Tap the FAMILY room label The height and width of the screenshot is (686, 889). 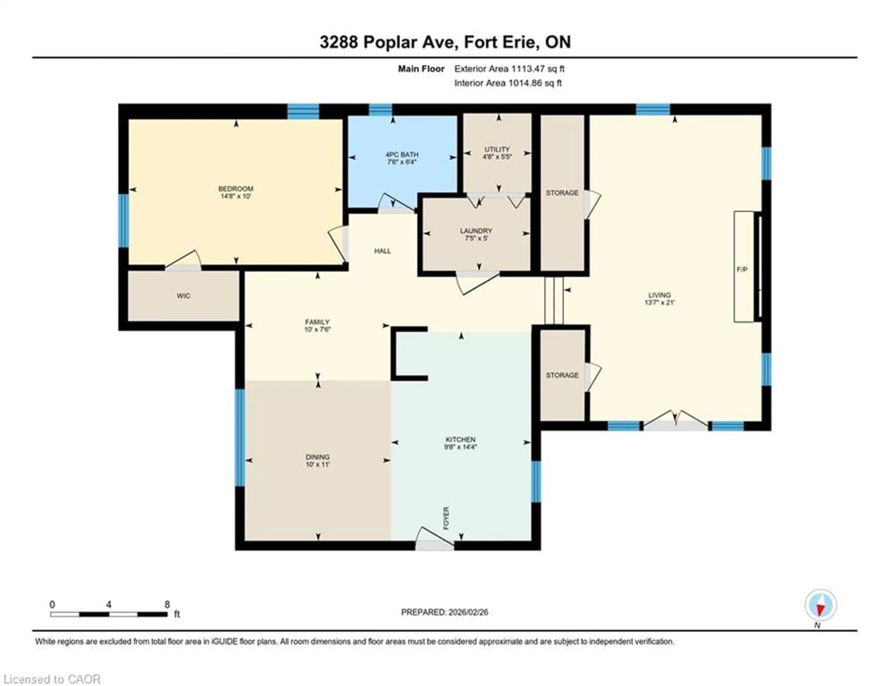(317, 322)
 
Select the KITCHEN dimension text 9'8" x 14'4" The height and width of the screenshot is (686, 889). (460, 447)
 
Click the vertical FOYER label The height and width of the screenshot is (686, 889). (446, 518)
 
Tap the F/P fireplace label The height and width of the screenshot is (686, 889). (742, 269)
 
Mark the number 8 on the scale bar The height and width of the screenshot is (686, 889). (167, 604)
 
